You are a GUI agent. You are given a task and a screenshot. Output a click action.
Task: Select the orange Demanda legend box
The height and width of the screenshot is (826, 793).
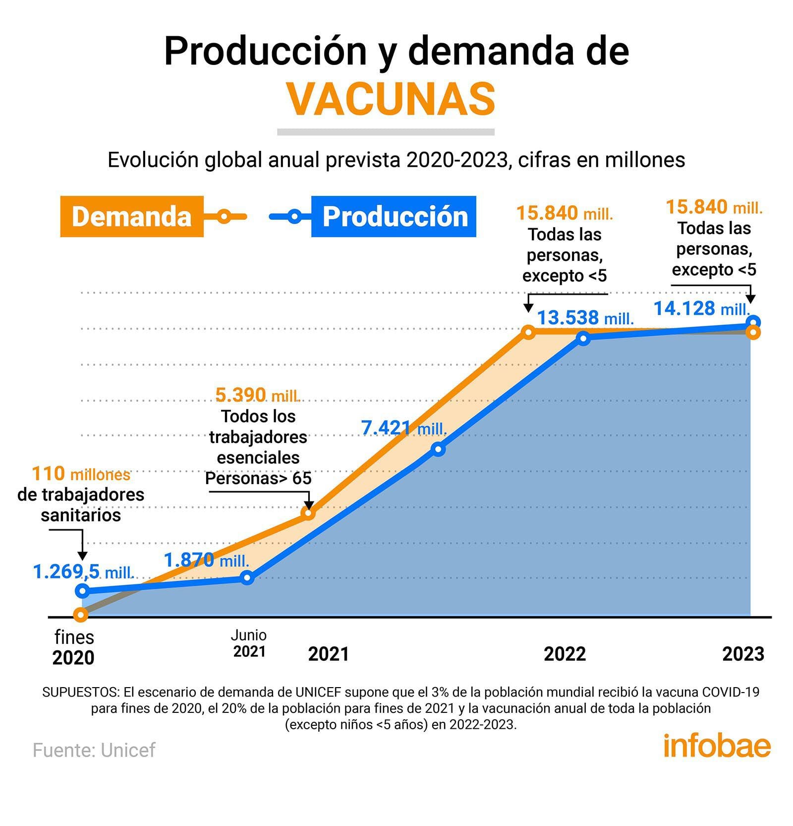[132, 216]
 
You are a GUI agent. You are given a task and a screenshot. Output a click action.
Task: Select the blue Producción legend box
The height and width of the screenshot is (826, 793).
[394, 216]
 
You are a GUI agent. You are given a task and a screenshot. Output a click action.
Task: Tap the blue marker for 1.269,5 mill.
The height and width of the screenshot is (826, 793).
[83, 591]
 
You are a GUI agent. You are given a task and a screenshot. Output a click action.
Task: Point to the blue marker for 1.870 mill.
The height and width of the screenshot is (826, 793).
[247, 577]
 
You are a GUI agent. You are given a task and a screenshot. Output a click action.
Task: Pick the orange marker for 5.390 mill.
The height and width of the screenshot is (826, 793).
[308, 513]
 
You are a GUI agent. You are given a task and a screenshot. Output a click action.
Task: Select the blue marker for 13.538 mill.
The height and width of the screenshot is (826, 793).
[584, 338]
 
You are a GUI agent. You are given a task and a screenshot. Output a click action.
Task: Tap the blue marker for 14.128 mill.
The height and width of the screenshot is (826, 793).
[753, 321]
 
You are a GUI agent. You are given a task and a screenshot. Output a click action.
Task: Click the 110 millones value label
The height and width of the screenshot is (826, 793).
[81, 474]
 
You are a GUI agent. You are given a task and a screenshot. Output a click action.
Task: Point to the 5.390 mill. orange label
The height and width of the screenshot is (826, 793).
[258, 395]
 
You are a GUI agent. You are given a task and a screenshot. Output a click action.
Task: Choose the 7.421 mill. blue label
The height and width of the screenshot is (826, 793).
[404, 428]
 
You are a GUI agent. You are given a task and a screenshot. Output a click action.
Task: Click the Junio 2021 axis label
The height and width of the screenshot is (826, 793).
[249, 643]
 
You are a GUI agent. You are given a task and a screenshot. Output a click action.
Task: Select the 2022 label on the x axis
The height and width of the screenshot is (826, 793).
[565, 654]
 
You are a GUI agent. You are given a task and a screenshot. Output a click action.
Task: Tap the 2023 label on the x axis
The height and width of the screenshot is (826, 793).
[743, 654]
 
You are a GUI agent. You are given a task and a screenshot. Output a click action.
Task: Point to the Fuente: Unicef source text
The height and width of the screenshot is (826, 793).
[94, 750]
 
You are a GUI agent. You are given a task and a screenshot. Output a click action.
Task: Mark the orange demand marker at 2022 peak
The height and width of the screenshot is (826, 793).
[529, 332]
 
